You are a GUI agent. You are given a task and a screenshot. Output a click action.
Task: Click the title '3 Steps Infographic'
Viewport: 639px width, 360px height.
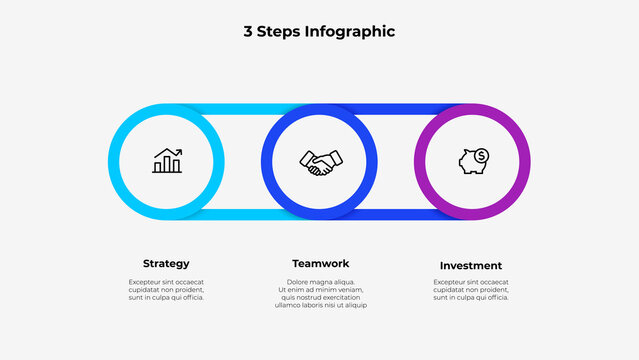(x=319, y=32)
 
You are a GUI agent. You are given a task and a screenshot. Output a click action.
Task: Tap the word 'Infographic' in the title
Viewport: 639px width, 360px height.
(x=350, y=32)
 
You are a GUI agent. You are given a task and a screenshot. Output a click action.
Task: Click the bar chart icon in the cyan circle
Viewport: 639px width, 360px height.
(x=167, y=161)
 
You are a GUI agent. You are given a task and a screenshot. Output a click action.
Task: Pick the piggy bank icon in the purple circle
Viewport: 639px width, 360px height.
(x=470, y=162)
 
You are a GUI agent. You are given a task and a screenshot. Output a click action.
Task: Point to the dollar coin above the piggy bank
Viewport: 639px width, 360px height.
(x=481, y=155)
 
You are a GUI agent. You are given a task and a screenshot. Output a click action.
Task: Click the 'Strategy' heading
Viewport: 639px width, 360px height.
(x=166, y=264)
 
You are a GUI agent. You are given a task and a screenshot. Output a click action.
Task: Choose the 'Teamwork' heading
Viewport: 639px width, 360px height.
(x=320, y=264)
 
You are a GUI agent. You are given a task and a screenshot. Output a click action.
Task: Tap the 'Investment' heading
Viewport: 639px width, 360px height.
(x=471, y=265)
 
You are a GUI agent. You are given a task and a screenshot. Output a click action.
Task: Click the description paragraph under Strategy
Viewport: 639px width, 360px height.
(x=166, y=289)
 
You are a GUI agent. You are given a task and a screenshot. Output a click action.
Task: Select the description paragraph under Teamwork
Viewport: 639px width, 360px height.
(x=320, y=293)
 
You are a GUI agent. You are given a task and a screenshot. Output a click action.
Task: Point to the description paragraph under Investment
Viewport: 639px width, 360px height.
(x=471, y=289)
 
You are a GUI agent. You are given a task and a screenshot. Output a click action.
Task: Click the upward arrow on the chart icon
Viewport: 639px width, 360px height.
(x=173, y=153)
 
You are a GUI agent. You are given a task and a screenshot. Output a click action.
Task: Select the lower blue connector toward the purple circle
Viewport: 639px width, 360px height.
(x=400, y=214)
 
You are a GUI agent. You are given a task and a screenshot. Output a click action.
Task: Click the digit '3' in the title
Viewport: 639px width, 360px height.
(x=247, y=32)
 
